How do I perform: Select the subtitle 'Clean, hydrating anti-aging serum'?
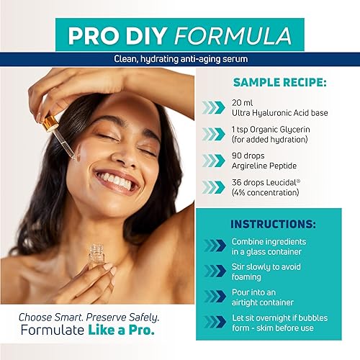click(x=180, y=58)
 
